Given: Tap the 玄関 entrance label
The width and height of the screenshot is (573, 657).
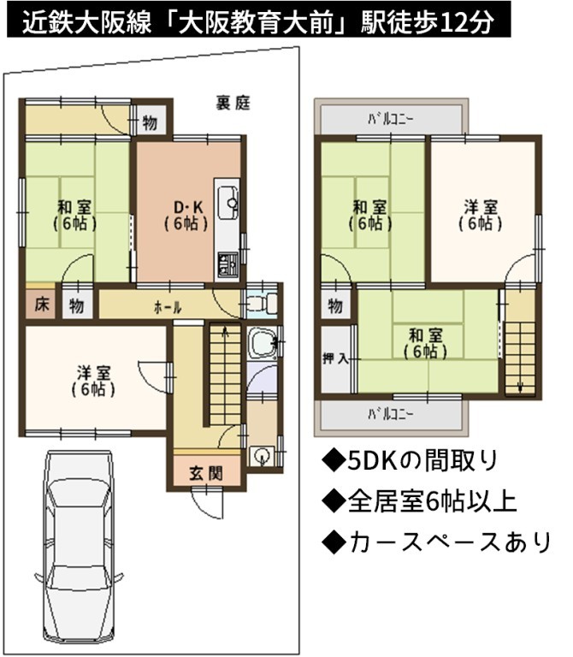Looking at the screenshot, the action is coord(206,473).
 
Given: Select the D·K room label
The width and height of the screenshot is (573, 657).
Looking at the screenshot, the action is coord(188,207).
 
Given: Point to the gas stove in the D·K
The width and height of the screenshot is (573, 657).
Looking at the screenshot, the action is coord(227,264).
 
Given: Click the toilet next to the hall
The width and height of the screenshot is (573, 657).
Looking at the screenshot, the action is coord(262,301).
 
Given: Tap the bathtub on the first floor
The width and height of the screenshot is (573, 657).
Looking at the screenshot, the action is coord(262,343).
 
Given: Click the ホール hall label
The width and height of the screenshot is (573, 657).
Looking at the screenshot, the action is coord(168,308).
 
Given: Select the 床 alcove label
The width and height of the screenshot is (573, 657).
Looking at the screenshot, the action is coord(41,305).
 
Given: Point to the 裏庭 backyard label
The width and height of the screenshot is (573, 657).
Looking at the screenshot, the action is coord(233,103).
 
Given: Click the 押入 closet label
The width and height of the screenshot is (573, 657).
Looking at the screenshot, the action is coord(335,358).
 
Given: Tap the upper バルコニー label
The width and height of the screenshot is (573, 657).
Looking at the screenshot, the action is coord(391,120).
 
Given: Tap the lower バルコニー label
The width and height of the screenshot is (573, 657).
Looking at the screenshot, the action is coord(391,414).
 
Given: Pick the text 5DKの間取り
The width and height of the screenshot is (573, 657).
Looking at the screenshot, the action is coord(410,460).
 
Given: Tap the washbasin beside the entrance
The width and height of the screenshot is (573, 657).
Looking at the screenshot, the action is coord(262,455).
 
